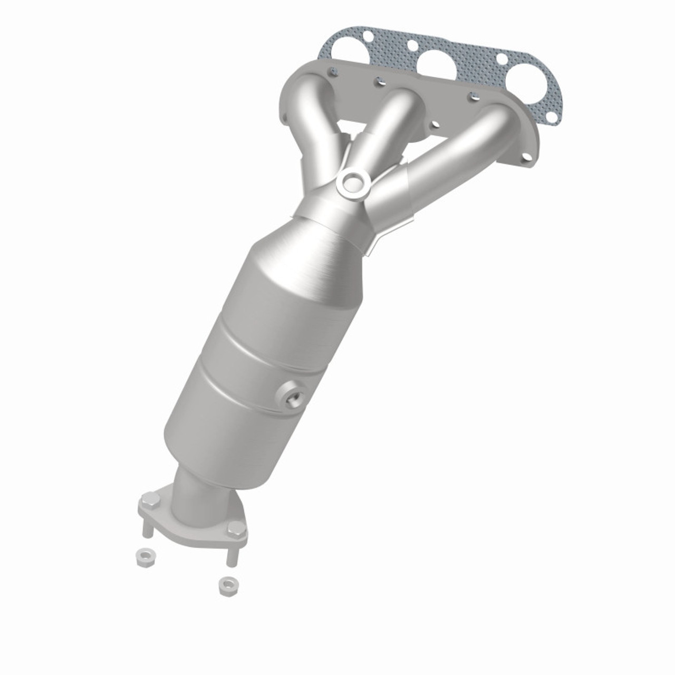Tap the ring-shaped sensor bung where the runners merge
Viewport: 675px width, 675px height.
click(x=352, y=184)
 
